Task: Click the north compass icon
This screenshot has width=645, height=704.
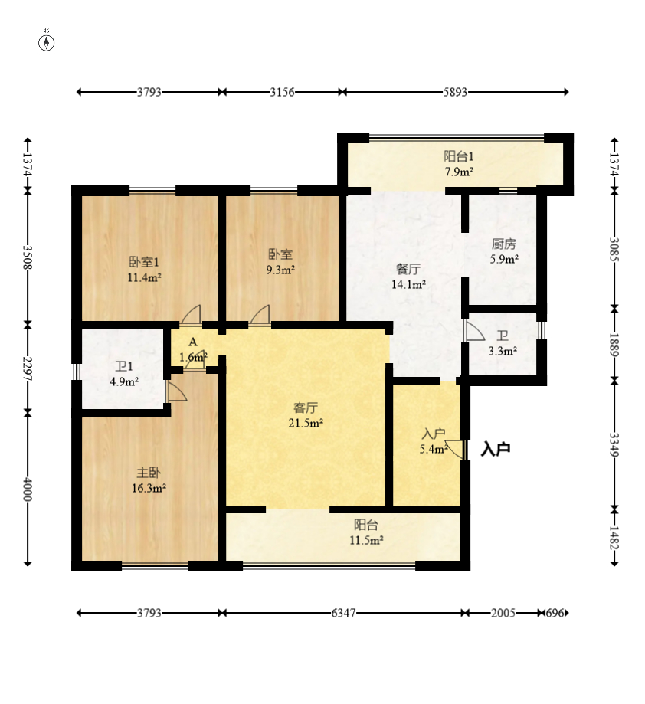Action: pyautogui.click(x=46, y=42)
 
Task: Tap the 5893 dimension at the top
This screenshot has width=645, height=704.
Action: pyautogui.click(x=455, y=92)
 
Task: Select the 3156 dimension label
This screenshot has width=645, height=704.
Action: pyautogui.click(x=282, y=92)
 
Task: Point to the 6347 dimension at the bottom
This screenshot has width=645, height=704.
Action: pyautogui.click(x=343, y=613)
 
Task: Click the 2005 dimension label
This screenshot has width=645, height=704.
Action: pyautogui.click(x=503, y=613)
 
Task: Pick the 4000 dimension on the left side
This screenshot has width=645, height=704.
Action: pyautogui.click(x=28, y=489)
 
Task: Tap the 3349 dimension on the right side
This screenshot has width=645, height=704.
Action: pyautogui.click(x=614, y=444)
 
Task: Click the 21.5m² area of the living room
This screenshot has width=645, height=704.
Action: pyautogui.click(x=306, y=423)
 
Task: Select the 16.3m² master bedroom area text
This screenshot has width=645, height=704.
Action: pyautogui.click(x=149, y=488)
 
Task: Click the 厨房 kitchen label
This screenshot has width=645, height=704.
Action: pyautogui.click(x=503, y=244)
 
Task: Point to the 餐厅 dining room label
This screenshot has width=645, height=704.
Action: pyautogui.click(x=408, y=270)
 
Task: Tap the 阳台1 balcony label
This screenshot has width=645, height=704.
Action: pyautogui.click(x=459, y=157)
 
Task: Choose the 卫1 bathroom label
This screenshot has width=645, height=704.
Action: pyautogui.click(x=124, y=367)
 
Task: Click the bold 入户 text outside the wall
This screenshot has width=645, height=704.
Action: pyautogui.click(x=496, y=449)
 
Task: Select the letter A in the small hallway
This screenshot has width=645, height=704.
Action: pyautogui.click(x=192, y=342)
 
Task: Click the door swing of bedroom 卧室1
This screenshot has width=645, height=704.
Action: pyautogui.click(x=191, y=314)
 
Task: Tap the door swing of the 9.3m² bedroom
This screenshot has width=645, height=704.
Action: pyautogui.click(x=260, y=314)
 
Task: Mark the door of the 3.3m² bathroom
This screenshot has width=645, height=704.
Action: pyautogui.click(x=475, y=331)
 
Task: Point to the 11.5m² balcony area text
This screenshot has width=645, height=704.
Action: pyautogui.click(x=366, y=540)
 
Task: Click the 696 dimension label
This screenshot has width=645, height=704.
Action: pyautogui.click(x=555, y=613)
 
